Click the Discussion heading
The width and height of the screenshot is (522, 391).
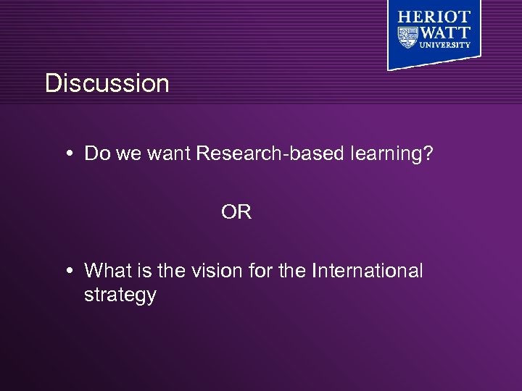tap(107, 83)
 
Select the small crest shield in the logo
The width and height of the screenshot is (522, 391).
tap(407, 35)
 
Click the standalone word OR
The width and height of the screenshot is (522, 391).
tap(236, 212)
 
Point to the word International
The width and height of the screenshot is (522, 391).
tap(367, 271)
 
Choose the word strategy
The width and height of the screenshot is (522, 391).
tap(120, 295)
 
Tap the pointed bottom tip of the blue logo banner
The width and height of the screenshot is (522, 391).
tap(389, 69)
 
